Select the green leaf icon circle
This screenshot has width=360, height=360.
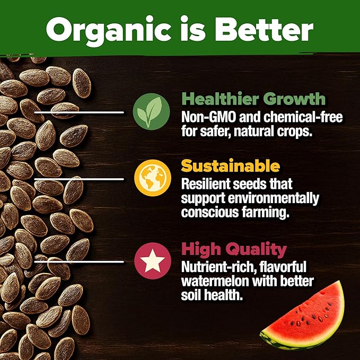click(148, 112)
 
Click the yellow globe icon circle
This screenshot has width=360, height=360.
click(148, 179)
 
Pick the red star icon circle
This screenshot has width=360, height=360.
click(148, 260)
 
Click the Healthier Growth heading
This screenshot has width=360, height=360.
click(253, 99)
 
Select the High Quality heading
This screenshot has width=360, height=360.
click(234, 249)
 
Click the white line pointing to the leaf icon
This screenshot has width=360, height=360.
click(80, 112)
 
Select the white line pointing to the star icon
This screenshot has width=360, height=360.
click(80, 260)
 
